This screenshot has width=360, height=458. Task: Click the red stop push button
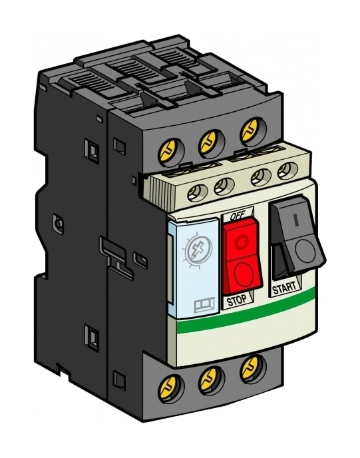(242, 256)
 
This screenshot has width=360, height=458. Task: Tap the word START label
(283, 288)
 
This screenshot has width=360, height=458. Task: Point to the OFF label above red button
(238, 216)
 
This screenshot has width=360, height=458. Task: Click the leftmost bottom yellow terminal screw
(167, 387)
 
